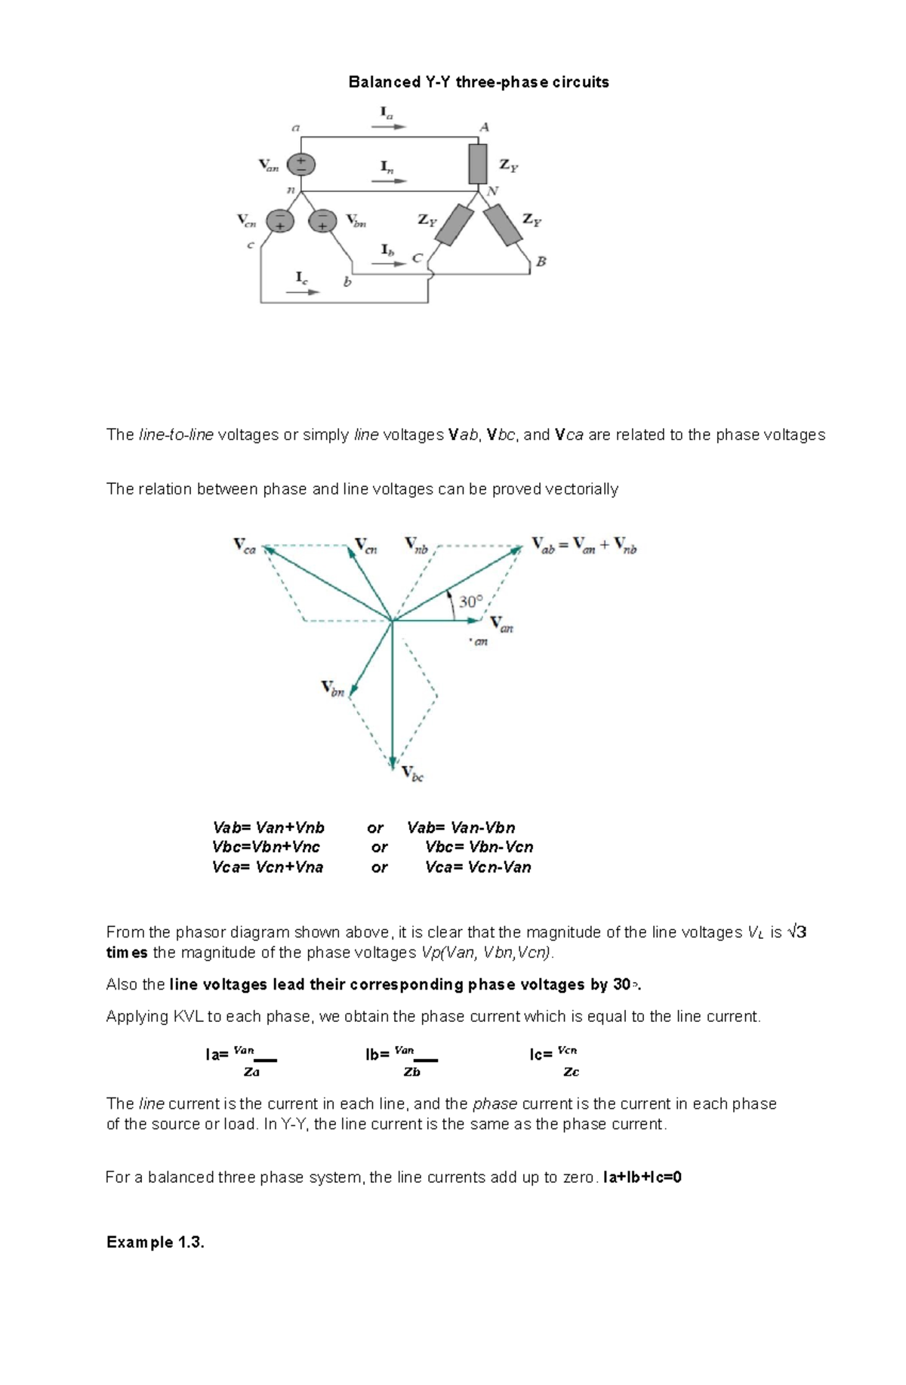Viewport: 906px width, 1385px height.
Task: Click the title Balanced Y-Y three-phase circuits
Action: click(478, 82)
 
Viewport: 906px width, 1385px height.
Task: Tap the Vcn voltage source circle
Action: click(279, 220)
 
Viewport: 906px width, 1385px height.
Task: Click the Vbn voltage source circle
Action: click(323, 220)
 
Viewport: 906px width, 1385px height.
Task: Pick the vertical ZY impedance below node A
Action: click(478, 164)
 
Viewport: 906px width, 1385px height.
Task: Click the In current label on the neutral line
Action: click(387, 167)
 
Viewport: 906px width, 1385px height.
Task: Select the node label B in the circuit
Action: click(541, 262)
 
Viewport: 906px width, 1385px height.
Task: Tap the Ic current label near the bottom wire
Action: click(301, 278)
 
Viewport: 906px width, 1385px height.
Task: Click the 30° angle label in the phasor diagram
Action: click(470, 602)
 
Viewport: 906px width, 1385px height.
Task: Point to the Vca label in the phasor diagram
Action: click(245, 546)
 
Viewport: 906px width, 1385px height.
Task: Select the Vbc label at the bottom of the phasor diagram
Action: click(412, 774)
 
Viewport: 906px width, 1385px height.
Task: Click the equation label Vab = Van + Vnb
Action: click(584, 546)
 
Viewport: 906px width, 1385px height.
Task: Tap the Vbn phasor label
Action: click(333, 688)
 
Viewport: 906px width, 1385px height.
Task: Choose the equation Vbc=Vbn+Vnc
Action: click(266, 847)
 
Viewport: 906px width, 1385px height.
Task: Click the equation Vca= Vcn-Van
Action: click(478, 867)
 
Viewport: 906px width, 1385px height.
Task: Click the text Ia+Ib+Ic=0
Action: click(642, 1177)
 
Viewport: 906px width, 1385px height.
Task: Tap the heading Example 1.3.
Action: click(156, 1242)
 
